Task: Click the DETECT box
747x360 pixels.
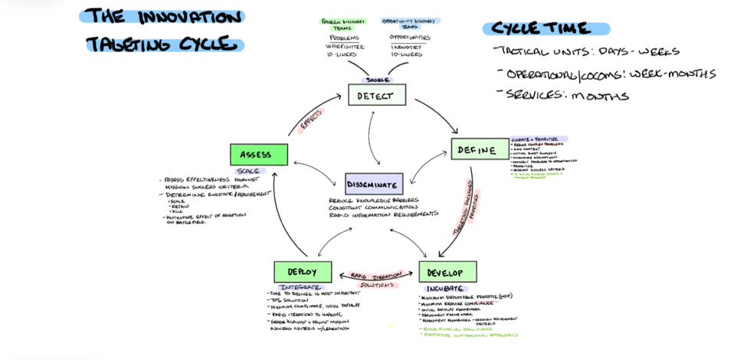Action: [x=376, y=94]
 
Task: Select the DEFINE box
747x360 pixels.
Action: [x=479, y=149]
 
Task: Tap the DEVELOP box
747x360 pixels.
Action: [x=447, y=272]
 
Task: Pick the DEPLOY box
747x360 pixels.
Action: [x=302, y=272]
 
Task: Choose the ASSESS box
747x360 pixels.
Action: [x=259, y=154]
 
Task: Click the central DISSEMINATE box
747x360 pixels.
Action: [x=373, y=184]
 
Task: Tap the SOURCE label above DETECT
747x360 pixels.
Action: [x=376, y=80]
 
